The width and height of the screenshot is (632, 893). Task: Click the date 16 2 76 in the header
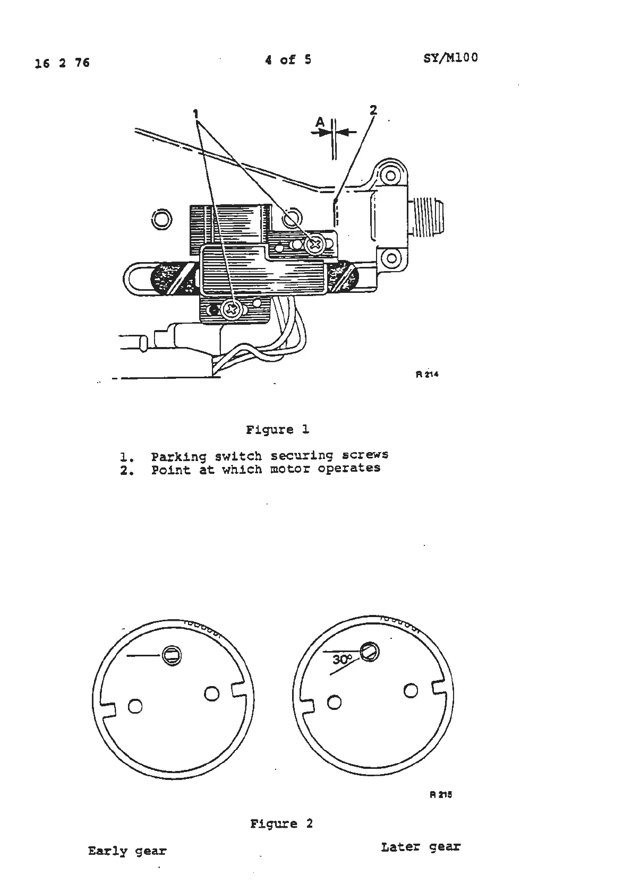pos(62,63)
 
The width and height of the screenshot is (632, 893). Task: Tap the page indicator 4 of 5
pos(288,60)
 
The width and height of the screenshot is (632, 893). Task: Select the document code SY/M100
pos(450,58)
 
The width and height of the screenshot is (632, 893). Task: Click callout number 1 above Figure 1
pos(196,114)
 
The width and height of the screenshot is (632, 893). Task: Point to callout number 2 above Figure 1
pos(373,110)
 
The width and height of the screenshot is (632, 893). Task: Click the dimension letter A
pos(320,123)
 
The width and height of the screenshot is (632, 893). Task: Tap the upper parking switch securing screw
pos(315,244)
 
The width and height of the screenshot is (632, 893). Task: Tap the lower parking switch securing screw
pos(231,308)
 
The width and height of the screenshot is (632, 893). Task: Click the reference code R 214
pos(427,374)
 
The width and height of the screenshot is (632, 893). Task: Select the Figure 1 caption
pos(277,429)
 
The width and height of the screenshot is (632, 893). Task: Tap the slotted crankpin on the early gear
pos(172,655)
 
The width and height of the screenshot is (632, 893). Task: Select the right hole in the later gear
pos(411,690)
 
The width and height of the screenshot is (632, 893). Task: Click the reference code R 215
pos(440,794)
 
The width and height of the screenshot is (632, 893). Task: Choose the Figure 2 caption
pos(281,823)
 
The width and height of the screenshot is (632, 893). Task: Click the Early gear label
pos(127,851)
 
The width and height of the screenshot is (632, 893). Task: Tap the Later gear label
pos(420,847)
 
